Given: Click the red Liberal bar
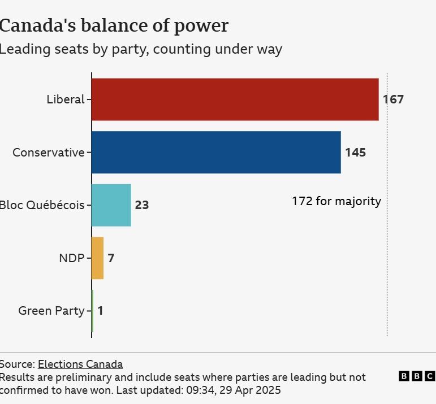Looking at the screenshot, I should click(x=235, y=99).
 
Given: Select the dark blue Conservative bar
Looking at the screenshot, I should click(x=215, y=153).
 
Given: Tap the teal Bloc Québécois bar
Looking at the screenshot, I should click(x=111, y=205).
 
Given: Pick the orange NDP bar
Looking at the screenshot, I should click(x=97, y=258).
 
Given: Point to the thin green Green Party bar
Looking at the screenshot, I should click(x=92, y=311).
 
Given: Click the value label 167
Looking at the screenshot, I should click(x=393, y=100).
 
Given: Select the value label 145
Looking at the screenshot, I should click(x=355, y=153).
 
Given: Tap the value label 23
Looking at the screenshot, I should click(x=141, y=205).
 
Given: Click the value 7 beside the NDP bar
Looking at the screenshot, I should click(x=111, y=258).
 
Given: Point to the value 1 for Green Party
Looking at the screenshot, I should click(x=100, y=311).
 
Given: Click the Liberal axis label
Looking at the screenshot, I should click(x=65, y=100).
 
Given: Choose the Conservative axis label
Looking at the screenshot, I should click(x=48, y=153).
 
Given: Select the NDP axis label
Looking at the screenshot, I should click(x=71, y=258).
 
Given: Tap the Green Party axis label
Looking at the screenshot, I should click(x=51, y=311).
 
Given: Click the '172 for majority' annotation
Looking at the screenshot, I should click(x=336, y=201).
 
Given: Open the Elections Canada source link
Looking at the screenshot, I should click(x=80, y=364).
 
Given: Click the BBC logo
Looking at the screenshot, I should click(x=417, y=376).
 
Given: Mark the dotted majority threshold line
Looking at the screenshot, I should click(x=387, y=254).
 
